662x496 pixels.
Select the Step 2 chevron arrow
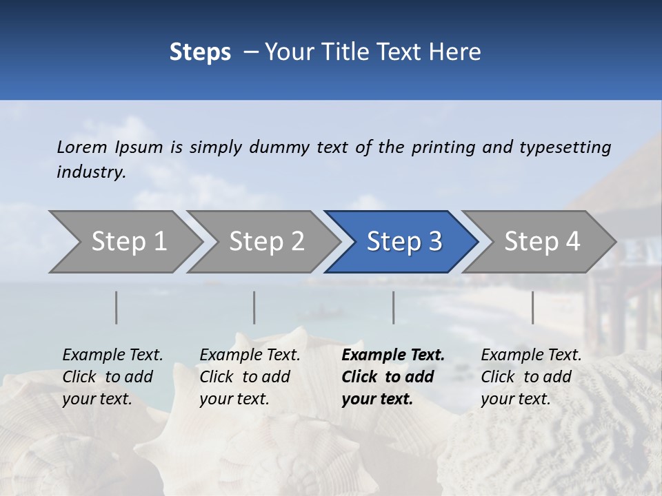[x=265, y=242]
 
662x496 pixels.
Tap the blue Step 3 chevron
[x=403, y=242]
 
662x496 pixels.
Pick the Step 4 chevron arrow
[x=541, y=242]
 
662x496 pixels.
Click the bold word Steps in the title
[x=200, y=52]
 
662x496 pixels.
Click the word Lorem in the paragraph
[x=81, y=147]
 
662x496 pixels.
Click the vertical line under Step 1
[x=117, y=307]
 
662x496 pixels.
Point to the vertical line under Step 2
[x=254, y=307]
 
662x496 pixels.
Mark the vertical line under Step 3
[x=393, y=307]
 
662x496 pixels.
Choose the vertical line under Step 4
[x=532, y=307]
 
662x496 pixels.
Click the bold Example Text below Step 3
[x=393, y=355]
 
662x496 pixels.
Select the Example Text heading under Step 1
[x=112, y=355]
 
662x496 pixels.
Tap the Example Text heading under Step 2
[x=250, y=355]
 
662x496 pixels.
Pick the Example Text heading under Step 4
[x=531, y=355]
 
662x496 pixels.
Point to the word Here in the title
[x=458, y=52]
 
